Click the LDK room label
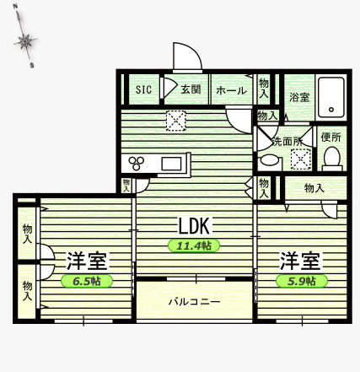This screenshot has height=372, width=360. (194, 226)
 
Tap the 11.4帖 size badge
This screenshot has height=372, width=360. (194, 245)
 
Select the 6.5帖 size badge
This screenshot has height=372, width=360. (87, 281)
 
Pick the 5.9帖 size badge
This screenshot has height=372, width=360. (302, 281)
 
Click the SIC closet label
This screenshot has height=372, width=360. (143, 89)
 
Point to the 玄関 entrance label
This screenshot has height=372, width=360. (191, 89)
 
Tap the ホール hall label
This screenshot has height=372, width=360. (231, 90)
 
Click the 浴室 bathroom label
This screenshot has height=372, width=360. (299, 97)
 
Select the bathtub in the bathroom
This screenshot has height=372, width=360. (331, 97)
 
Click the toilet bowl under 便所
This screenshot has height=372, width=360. (332, 158)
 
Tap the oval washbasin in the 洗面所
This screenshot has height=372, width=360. (270, 160)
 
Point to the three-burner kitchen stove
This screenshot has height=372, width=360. (137, 163)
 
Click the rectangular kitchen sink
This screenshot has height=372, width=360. (171, 164)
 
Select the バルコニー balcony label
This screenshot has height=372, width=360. (194, 302)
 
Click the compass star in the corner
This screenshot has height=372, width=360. (25, 41)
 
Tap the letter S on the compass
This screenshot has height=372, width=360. (32, 66)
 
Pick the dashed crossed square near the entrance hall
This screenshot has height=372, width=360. (176, 121)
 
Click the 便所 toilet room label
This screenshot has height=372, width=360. (331, 137)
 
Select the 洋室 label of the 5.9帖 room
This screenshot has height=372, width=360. (300, 261)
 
